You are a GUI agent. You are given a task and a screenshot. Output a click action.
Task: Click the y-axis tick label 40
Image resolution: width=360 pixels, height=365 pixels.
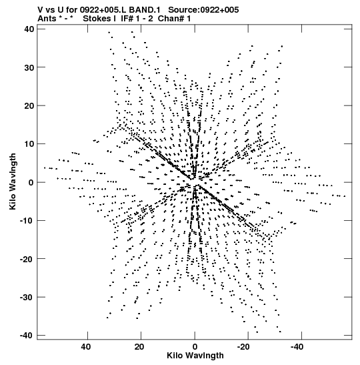29,29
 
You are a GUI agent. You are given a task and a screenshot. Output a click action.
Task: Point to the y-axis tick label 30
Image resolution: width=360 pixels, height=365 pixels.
29,67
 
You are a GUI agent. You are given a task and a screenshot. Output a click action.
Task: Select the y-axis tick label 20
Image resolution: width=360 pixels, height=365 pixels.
29,105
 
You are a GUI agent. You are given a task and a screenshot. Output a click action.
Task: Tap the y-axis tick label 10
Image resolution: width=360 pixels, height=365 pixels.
29,144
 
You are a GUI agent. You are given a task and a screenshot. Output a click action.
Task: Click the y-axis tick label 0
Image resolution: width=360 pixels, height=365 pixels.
31,182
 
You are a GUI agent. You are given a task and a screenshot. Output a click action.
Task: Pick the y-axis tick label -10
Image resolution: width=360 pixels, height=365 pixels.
27,220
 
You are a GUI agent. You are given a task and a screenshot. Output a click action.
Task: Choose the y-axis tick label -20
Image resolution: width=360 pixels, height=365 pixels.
27,259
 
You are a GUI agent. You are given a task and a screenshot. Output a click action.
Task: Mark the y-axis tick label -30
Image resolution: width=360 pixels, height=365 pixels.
27,297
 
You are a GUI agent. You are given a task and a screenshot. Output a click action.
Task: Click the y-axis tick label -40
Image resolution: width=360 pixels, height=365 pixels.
27,336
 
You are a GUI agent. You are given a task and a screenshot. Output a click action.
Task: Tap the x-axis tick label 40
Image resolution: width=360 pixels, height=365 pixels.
86,347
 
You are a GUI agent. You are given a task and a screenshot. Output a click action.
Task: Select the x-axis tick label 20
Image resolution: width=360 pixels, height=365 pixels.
139,347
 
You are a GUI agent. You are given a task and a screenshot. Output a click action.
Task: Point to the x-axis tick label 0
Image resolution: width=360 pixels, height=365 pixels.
195,347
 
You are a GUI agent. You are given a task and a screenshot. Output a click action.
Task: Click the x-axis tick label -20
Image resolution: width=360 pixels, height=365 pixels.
243,347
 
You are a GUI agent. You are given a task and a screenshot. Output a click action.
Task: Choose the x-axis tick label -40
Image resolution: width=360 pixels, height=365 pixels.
297,347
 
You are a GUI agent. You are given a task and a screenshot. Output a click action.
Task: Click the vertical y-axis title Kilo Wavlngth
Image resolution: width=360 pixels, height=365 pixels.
13,181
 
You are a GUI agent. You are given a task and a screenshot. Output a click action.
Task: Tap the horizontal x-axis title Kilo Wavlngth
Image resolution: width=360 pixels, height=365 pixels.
195,356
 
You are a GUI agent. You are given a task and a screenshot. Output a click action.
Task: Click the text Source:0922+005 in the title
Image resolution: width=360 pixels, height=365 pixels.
203,10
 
